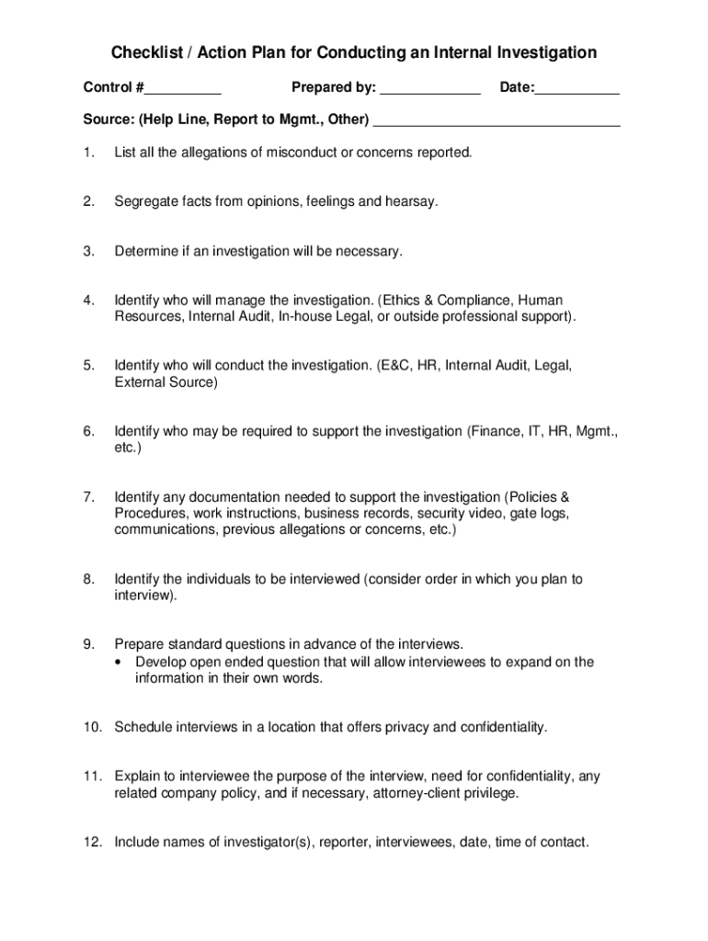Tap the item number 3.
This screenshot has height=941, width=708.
click(87, 251)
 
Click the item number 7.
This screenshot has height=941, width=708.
click(87, 497)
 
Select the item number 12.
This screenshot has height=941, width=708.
click(91, 841)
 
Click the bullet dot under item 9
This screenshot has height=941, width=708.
click(120, 663)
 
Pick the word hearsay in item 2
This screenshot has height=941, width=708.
click(414, 201)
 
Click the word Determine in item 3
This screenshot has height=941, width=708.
click(146, 251)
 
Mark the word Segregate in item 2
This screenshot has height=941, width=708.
click(147, 201)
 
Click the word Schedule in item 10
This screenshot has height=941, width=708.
click(143, 727)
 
